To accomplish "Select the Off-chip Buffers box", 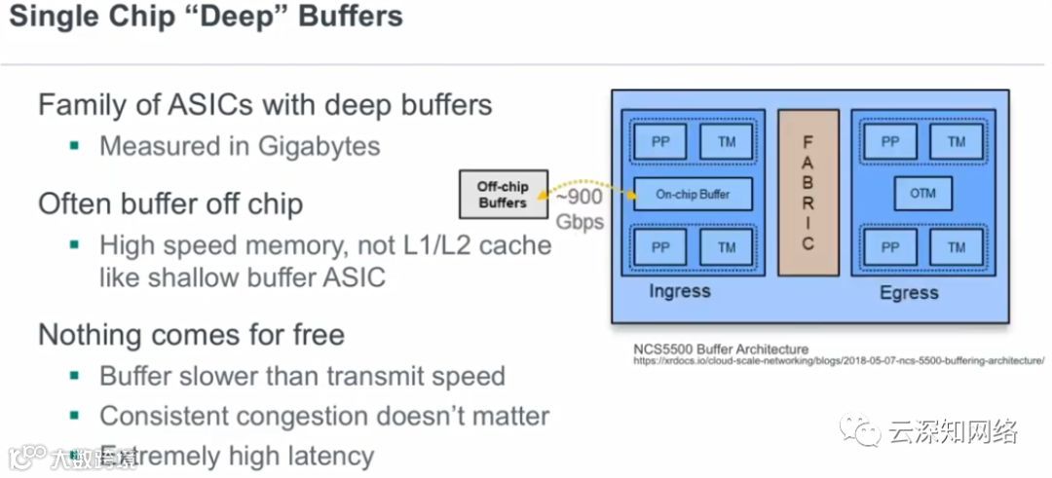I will [502, 195].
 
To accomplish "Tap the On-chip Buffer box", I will [693, 194].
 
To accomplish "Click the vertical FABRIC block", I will [808, 193].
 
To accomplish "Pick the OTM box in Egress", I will [922, 194].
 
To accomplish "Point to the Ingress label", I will [680, 291].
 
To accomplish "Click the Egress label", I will [909, 292].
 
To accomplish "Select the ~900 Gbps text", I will [580, 209].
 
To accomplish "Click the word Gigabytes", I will [319, 146].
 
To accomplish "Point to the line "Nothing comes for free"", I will [191, 335].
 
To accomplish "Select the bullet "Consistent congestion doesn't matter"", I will [323, 417].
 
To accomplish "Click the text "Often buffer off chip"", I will [170, 203].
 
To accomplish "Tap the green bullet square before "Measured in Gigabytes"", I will [74, 146].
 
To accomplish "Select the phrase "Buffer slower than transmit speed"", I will [302, 376].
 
